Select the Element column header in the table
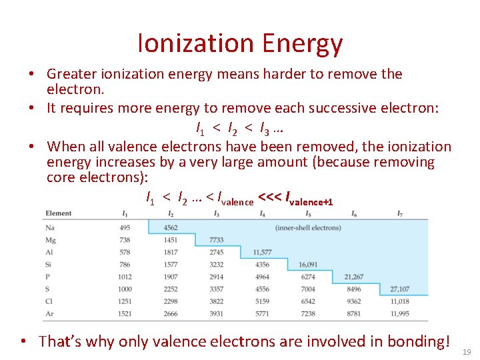(x=59, y=213)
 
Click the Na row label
(x=50, y=228)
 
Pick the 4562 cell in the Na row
(x=171, y=228)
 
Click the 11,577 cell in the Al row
(x=262, y=252)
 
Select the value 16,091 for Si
(x=308, y=265)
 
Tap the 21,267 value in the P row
(x=354, y=277)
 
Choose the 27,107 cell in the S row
(x=400, y=289)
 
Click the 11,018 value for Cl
(x=400, y=301)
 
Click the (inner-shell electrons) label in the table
(x=308, y=228)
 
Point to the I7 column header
(x=399, y=213)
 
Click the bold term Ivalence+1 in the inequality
(x=309, y=199)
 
